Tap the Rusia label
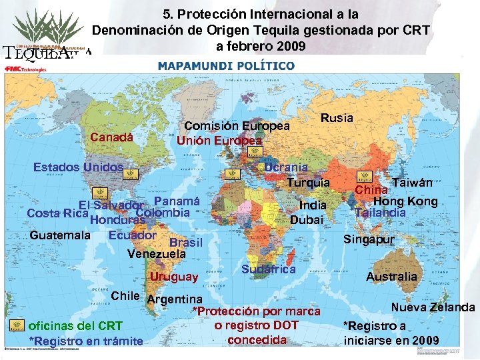pos(337,117)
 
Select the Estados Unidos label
pos(79,167)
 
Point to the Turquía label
pos(308,182)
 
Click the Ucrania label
pos(286,167)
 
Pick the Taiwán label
pos(413,182)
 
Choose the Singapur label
pos(369,239)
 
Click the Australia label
pos(391,276)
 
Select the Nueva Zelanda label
pos(433,307)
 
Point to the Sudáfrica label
pos(269,269)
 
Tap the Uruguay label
pos(174,276)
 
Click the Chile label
pos(125,295)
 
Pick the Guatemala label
pos(61,235)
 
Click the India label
pos(313,205)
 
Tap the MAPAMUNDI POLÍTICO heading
pos(226,66)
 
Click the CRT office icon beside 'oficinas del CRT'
pos(18,325)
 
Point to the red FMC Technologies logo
pos(25,69)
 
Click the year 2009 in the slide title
pos(291,46)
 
